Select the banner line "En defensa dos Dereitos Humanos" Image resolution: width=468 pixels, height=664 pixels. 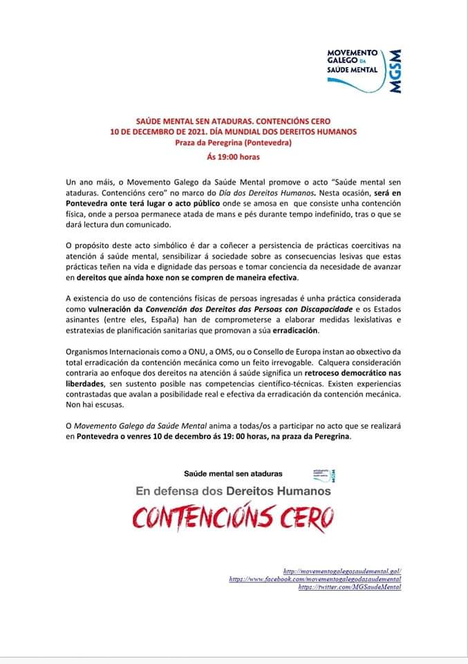point(233,490)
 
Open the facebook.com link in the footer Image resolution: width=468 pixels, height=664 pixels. point(315,579)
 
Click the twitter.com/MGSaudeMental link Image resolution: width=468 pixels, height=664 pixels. point(350,587)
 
